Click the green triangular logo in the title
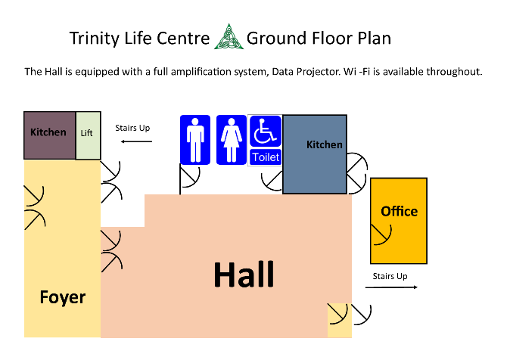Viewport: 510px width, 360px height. pyautogui.click(x=229, y=37)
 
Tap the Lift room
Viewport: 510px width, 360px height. pyautogui.click(x=88, y=135)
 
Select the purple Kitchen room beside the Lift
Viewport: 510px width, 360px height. pyautogui.click(x=49, y=135)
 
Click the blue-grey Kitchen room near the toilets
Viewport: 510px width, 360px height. pyautogui.click(x=315, y=154)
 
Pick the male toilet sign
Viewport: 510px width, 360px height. pyautogui.click(x=195, y=140)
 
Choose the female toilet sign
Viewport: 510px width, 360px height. pyautogui.click(x=232, y=140)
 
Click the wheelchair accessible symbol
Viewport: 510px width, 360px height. pyautogui.click(x=265, y=131)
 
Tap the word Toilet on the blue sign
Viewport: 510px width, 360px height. pyautogui.click(x=266, y=157)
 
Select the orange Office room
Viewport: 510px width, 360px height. pyautogui.click(x=399, y=221)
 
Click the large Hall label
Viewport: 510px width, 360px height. pyautogui.click(x=244, y=275)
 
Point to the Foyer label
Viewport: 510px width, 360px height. pyautogui.click(x=63, y=297)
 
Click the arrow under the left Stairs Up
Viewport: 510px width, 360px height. pyautogui.click(x=136, y=141)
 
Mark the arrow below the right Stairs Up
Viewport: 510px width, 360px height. pyautogui.click(x=391, y=287)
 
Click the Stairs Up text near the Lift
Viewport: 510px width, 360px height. pyautogui.click(x=132, y=128)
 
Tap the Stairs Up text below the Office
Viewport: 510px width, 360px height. pyautogui.click(x=390, y=276)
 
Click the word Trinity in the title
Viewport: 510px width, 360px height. pyautogui.click(x=95, y=39)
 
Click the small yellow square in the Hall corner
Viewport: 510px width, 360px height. pyautogui.click(x=340, y=321)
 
